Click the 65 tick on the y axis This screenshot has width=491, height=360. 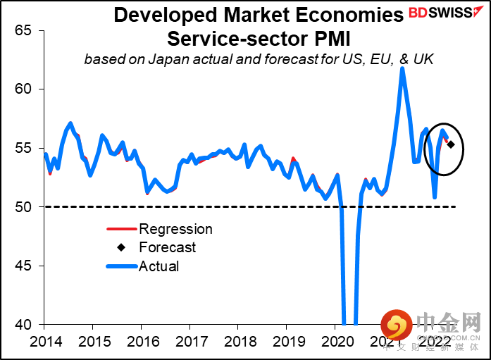point(24,30)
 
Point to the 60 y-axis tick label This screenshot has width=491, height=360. point(24,89)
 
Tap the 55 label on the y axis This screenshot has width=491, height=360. point(24,148)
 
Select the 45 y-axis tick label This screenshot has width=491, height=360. point(24,266)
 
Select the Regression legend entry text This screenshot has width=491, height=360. point(175,229)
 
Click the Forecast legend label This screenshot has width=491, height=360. point(168,247)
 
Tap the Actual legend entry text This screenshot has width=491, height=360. point(159,266)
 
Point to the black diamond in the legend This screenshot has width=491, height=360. point(121,247)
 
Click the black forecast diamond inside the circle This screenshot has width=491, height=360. point(451,145)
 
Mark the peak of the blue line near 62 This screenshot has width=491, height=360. point(402,68)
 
